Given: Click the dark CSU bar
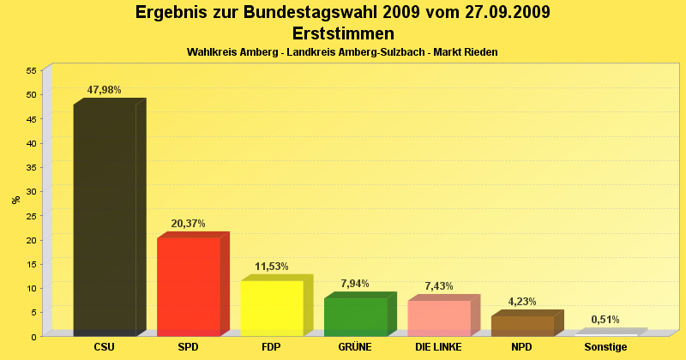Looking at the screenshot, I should [x=105, y=219].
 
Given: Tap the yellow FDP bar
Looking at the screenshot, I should [x=271, y=307].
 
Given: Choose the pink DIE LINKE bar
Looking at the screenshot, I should [x=438, y=317].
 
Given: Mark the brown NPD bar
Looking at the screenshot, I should [x=522, y=326].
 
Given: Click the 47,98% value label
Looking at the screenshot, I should [x=105, y=90].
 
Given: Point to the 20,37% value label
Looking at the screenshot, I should [x=188, y=224].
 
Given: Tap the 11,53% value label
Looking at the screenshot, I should [x=272, y=267].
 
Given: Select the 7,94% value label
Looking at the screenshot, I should [x=355, y=284].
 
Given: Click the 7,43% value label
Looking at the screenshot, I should [x=439, y=286].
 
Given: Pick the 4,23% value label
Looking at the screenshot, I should [x=522, y=302].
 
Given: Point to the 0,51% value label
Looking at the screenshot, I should [x=605, y=320].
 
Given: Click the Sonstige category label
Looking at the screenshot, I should [x=605, y=347].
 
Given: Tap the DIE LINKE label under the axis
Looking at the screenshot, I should [x=438, y=347].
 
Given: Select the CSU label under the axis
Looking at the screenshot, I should [x=105, y=347].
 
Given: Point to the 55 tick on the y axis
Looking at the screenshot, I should [x=31, y=70].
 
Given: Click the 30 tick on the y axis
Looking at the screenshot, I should [x=31, y=191].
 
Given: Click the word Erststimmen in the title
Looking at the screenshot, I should [x=343, y=33].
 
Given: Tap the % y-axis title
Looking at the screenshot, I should [x=16, y=200].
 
